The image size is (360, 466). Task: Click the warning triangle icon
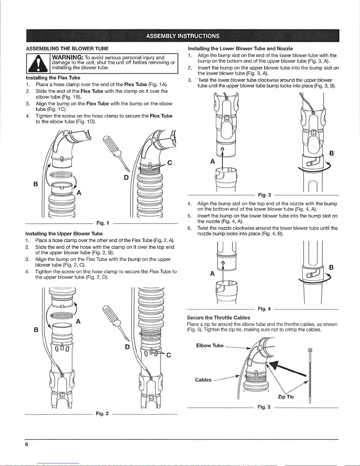pos(38,64)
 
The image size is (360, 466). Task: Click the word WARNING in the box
pos(68,57)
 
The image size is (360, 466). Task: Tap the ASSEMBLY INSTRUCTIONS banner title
pos(182,36)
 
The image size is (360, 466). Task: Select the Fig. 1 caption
pos(103,223)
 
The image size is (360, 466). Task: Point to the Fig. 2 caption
pos(102,413)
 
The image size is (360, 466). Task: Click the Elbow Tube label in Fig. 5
pos(210,345)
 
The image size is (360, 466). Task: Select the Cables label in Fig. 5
pos(203,380)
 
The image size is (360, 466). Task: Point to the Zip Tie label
pos(286,397)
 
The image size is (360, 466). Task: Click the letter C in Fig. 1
pos(170,163)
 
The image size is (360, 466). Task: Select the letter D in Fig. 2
pos(127,347)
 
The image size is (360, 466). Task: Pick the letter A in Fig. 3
pos(212,161)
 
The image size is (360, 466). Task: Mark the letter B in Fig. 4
pos(331,267)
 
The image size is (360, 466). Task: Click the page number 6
pos(26,444)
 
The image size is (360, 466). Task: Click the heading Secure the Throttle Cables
pos(218,318)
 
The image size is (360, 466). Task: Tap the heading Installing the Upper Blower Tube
pos(64,234)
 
